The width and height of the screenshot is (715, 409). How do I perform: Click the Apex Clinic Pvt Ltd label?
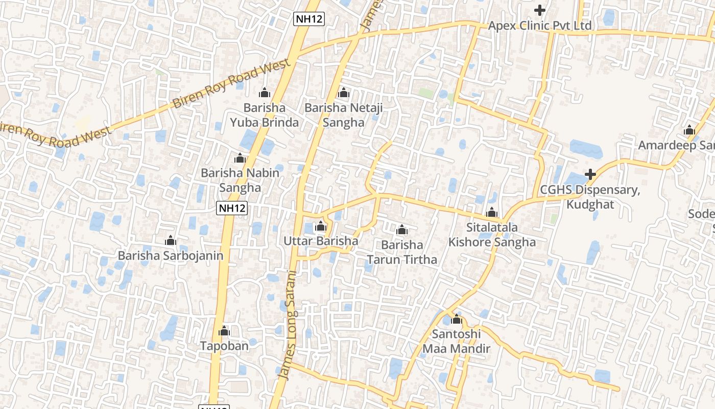pos(540,26)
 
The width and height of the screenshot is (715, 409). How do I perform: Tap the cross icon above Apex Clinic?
pos(540,10)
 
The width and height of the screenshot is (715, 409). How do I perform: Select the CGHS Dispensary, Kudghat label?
pos(590,197)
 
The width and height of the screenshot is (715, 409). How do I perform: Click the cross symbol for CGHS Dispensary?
pos(590,174)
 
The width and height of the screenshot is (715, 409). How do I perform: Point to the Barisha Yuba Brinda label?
pos(264,115)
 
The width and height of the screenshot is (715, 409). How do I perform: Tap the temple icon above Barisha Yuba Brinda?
pos(265,93)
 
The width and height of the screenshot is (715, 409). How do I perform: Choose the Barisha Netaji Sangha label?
pos(343,115)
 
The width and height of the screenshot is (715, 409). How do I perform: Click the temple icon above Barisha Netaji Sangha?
pos(344,93)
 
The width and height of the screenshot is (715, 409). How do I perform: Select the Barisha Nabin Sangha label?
pos(240,180)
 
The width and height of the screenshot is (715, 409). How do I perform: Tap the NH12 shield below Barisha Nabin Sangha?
pos(232,208)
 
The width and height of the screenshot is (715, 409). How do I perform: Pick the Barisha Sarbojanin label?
pos(171,255)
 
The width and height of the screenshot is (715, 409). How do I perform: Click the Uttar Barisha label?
pos(321,241)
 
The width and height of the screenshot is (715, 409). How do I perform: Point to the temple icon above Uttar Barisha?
pos(321,225)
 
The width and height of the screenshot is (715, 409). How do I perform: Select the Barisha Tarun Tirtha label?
pos(402,252)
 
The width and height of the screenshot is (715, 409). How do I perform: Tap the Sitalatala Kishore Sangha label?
pos(492,235)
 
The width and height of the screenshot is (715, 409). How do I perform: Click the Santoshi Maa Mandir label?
pos(456,342)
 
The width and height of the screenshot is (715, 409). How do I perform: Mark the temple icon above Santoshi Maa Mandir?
pos(457,320)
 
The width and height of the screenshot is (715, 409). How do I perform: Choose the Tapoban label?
pos(224,346)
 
